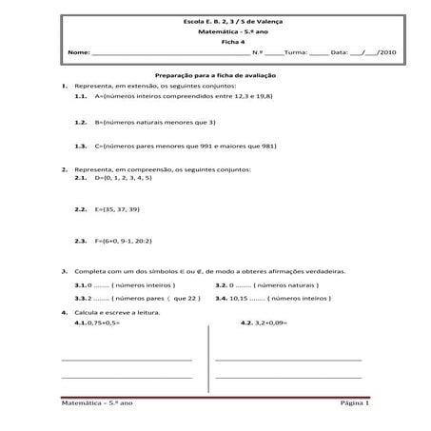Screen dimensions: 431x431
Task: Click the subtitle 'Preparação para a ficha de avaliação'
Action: pos(215,74)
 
